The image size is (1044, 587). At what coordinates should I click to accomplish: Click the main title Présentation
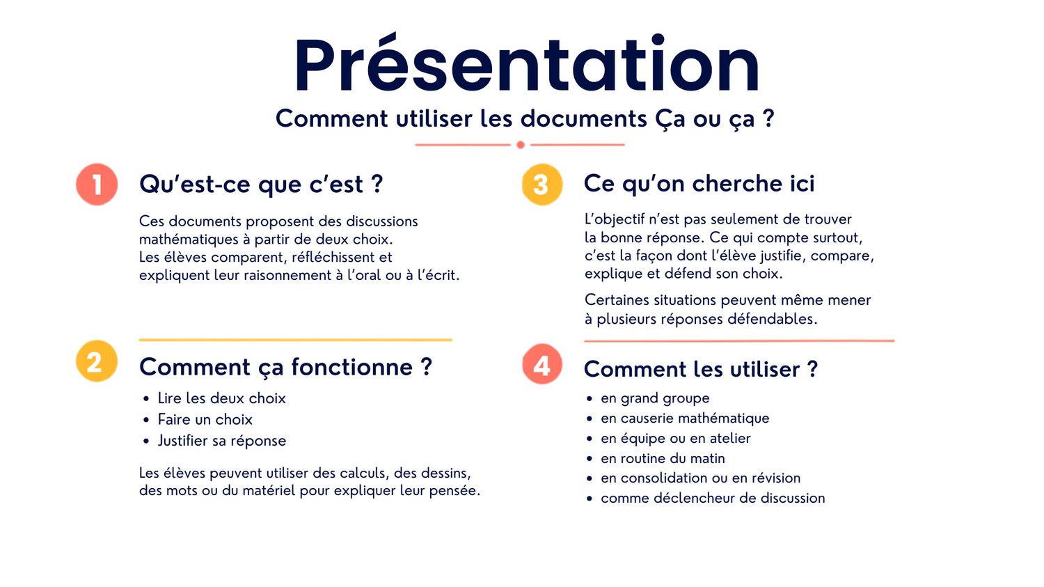pos(527,63)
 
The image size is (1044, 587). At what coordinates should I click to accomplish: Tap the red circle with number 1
pos(97,184)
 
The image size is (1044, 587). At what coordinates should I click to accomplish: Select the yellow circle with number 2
pos(97,361)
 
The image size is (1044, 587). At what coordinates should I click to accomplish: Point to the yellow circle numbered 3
pos(542,184)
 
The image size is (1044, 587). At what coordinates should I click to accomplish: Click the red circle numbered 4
pos(542,363)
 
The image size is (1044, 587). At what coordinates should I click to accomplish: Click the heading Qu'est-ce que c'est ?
pos(261,184)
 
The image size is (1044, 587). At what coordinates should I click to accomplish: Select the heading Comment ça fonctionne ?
pos(285,367)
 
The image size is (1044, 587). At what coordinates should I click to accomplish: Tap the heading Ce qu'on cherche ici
pos(699,183)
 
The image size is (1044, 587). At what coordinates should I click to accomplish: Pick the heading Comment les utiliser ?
pos(700,369)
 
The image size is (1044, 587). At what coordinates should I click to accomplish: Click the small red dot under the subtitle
pos(521,145)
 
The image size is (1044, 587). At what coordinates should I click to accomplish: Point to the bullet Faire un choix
pos(205,420)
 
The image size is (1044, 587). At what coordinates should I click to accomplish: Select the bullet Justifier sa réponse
pos(222,441)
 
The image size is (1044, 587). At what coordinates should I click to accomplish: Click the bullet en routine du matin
pos(663,458)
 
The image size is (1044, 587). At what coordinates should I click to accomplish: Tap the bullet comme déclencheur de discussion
pos(713,498)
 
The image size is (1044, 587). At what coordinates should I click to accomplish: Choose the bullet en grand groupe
pos(655,398)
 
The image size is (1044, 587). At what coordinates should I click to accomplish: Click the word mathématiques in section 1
pos(189,239)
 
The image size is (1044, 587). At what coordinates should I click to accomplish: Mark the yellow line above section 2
pos(296,340)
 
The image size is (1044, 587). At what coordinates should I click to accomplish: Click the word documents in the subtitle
pos(583,118)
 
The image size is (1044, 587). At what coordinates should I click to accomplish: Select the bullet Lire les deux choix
pos(221,398)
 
